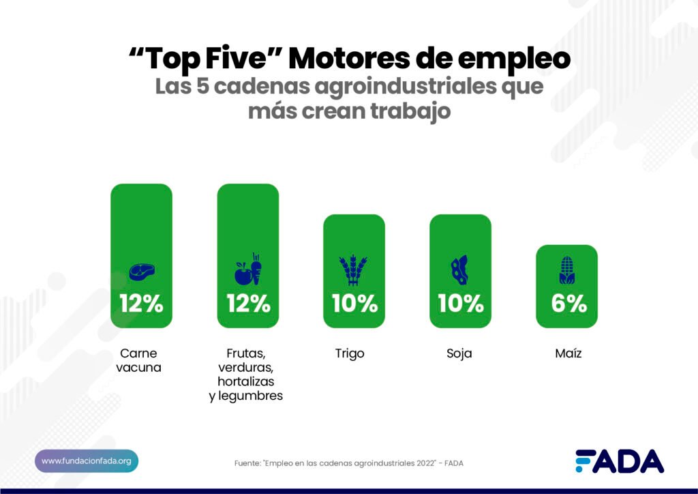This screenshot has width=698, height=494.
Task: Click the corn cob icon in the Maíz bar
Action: click(x=566, y=272)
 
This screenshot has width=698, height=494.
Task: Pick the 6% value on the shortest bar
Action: click(x=568, y=304)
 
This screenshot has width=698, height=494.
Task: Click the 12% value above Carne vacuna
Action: click(x=141, y=304)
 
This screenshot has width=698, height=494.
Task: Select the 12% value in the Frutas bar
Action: click(x=248, y=304)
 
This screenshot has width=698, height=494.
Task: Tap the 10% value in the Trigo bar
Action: click(x=354, y=304)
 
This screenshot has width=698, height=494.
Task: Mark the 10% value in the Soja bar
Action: click(x=461, y=304)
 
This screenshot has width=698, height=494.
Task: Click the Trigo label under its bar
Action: click(x=350, y=353)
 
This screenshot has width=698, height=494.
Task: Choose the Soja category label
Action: click(x=459, y=353)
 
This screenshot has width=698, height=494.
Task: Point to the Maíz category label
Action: click(x=567, y=353)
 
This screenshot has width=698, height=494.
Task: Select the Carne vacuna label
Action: click(x=138, y=360)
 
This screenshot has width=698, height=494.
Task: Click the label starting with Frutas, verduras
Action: click(x=246, y=375)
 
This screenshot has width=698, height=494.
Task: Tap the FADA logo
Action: click(x=619, y=462)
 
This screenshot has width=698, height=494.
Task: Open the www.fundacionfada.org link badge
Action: click(x=87, y=461)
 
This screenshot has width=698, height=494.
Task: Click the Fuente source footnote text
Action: click(x=348, y=463)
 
